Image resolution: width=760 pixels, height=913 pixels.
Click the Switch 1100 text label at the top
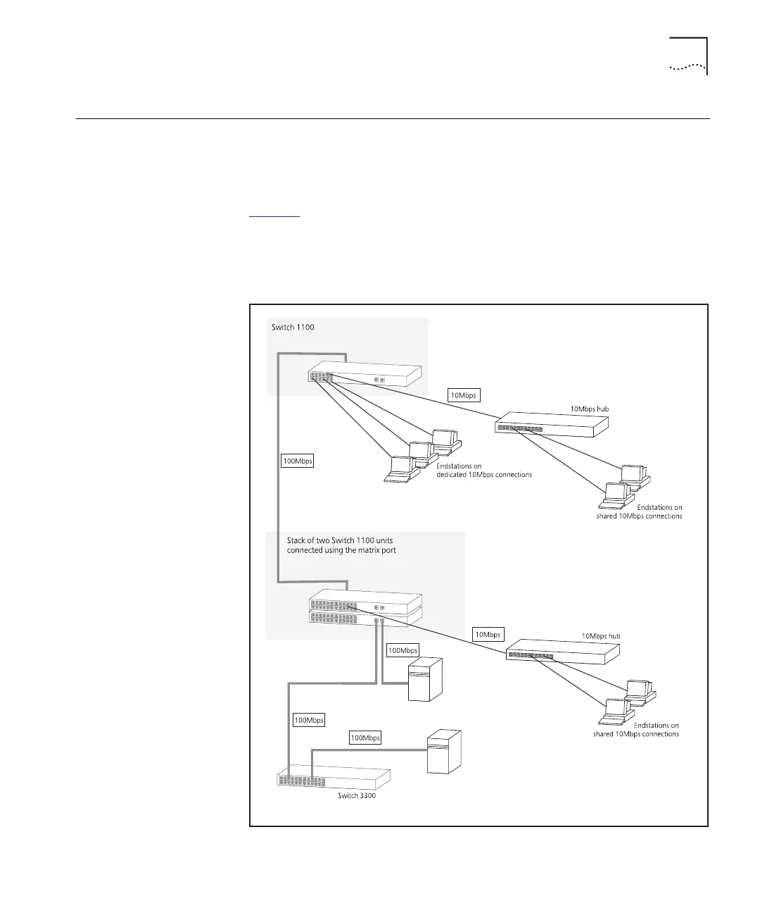pos(293,328)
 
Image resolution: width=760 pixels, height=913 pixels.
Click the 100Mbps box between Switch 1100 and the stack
pos(297,461)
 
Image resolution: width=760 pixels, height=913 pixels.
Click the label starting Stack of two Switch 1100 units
pos(341,545)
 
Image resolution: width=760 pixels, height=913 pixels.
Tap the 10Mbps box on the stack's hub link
pos(488,635)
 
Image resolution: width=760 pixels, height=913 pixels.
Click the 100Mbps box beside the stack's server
pos(403,650)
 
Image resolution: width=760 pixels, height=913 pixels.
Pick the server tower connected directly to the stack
pos(426,679)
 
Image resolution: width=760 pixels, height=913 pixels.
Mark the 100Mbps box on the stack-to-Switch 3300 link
pos(309,720)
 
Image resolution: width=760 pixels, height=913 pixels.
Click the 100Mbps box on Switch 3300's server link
pos(365,738)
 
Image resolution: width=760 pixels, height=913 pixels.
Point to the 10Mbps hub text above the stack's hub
pos(600,635)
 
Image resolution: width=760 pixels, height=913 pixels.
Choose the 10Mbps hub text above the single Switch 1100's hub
pos(589,409)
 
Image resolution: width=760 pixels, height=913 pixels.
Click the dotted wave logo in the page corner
pos(687,68)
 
